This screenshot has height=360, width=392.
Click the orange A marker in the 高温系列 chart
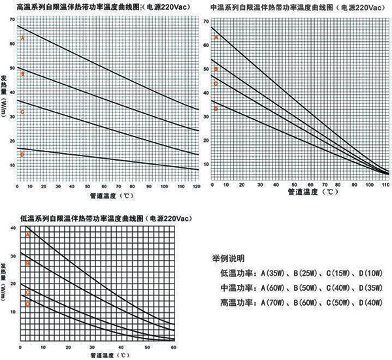pyautogui.click(x=22, y=39)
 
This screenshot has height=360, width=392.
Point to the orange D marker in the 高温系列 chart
pyautogui.click(x=22, y=155)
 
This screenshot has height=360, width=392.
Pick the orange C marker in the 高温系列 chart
pyautogui.click(x=22, y=112)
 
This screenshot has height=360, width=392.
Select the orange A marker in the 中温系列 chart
pyautogui.click(x=216, y=37)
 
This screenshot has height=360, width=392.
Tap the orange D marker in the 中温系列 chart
pyautogui.click(x=216, y=108)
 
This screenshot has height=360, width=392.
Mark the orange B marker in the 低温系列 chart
pyautogui.click(x=28, y=263)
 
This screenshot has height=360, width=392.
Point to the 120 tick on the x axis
pyautogui.click(x=195, y=188)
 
